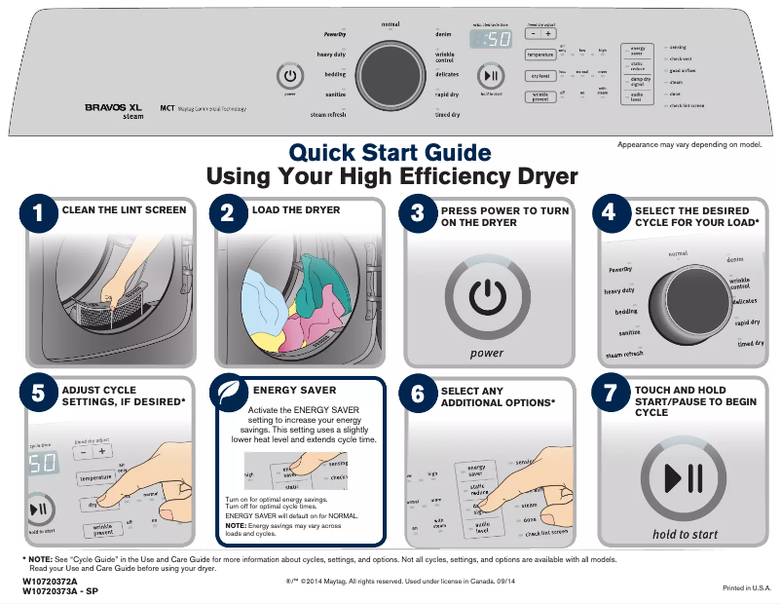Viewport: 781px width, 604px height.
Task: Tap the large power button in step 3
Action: (487, 299)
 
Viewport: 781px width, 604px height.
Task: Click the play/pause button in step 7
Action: (683, 478)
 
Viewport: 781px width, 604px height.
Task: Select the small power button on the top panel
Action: (290, 76)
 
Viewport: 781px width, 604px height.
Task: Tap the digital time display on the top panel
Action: (491, 40)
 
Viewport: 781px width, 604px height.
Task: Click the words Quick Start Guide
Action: (390, 152)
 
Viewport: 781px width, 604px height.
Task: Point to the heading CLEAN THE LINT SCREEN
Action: (124, 210)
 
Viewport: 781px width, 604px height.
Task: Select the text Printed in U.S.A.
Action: (746, 588)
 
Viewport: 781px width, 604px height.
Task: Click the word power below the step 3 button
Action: (487, 354)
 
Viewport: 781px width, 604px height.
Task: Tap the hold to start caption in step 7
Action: (685, 535)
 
